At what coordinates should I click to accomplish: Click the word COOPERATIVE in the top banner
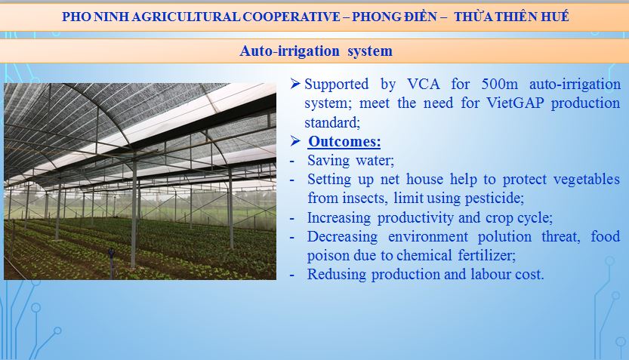pos(291,17)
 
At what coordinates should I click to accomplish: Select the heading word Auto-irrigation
pos(290,51)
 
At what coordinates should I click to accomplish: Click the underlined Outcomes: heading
pos(344,142)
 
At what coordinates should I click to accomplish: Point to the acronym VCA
pos(423,85)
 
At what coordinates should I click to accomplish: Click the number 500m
pos(499,85)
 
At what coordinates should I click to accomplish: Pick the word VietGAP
pos(515,103)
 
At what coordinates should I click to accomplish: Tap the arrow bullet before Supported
pos(295,83)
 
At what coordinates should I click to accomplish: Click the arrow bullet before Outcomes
pos(295,140)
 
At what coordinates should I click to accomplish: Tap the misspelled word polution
pos(504,236)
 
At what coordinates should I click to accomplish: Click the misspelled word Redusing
pos(337,275)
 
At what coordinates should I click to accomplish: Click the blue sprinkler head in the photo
pos(111,254)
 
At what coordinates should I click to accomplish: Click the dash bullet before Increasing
pos(292,218)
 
